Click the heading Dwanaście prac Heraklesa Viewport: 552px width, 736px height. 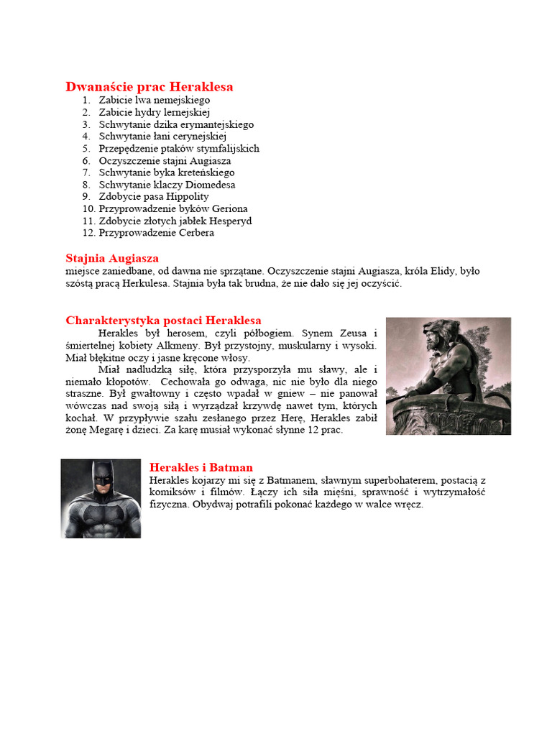pos(149,87)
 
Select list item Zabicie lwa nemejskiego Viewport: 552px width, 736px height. pos(154,100)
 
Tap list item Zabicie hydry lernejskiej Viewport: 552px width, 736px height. pos(154,112)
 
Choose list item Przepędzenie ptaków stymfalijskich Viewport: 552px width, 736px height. pos(179,148)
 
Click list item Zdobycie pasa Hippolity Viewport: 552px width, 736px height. pos(154,196)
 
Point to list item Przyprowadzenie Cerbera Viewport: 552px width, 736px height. pos(156,233)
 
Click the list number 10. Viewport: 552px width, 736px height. pos(88,208)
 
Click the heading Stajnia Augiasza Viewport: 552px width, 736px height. pos(112,258)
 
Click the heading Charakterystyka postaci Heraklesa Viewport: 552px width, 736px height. pos(163,321)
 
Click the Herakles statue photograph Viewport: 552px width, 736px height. pos(448,376)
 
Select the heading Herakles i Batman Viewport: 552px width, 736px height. pos(201,468)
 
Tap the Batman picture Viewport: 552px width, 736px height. pos(101,498)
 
